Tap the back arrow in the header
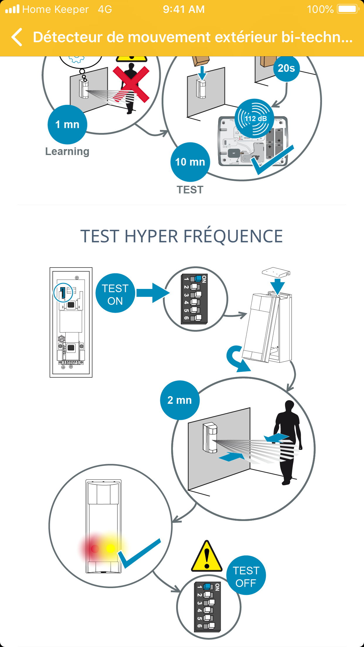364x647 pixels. [x=17, y=37]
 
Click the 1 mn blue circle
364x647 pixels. [x=67, y=125]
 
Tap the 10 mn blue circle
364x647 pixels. [x=190, y=162]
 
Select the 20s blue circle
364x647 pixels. [x=286, y=68]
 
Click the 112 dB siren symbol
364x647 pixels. [x=254, y=118]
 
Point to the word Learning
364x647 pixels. [x=67, y=151]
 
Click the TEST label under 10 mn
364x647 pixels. [x=190, y=190]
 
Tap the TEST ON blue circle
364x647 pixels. [x=115, y=293]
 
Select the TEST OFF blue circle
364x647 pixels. [x=246, y=575]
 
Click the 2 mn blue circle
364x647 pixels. [x=180, y=400]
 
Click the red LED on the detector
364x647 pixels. [x=95, y=549]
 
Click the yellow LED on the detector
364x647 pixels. [x=110, y=548]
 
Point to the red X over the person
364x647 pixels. [x=131, y=84]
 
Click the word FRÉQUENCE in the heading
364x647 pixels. [x=233, y=236]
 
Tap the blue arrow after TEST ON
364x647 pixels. [x=153, y=293]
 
